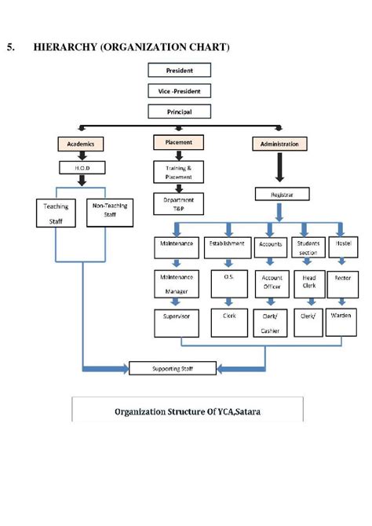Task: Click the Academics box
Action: pos(81,144)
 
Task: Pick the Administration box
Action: pos(279,144)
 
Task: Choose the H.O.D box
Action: pos(82,167)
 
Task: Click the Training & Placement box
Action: pos(179,172)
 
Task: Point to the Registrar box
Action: pos(279,192)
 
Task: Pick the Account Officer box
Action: pos(271,283)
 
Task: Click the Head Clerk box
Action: pos(308,282)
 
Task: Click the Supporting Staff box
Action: pos(172,367)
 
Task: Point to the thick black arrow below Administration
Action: pos(279,167)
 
